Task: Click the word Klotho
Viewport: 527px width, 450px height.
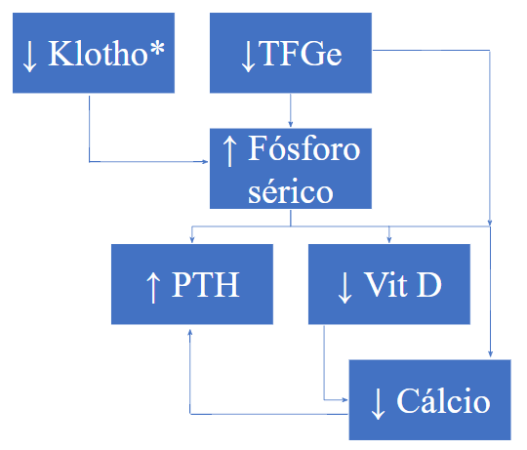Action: pyautogui.click(x=99, y=53)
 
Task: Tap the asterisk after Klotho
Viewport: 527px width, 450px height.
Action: pyautogui.click(x=156, y=50)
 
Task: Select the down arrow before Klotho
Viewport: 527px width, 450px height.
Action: pyautogui.click(x=29, y=56)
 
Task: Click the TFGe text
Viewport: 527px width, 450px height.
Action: pyautogui.click(x=301, y=53)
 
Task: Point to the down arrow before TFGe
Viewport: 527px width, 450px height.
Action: pyautogui.click(x=248, y=56)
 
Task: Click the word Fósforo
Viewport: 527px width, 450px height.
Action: pyautogui.click(x=304, y=148)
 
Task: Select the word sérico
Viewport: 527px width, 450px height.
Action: pyautogui.click(x=291, y=192)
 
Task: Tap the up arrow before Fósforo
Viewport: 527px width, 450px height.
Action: pyautogui.click(x=229, y=150)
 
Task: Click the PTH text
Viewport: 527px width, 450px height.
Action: pyautogui.click(x=205, y=284)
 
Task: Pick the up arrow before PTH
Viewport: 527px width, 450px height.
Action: pyautogui.click(x=153, y=288)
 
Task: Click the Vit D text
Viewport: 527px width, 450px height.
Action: pyautogui.click(x=403, y=284)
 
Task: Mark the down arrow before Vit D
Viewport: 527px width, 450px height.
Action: pyautogui.click(x=345, y=288)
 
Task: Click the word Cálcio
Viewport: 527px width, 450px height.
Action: pyautogui.click(x=443, y=400)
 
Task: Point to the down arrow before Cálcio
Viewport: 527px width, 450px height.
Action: pyautogui.click(x=378, y=403)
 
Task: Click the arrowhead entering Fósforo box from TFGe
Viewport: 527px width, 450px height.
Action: pyautogui.click(x=291, y=124)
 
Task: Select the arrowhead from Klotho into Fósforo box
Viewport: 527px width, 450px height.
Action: pyautogui.click(x=205, y=162)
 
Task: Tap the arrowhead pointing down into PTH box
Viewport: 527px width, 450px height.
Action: pyautogui.click(x=192, y=239)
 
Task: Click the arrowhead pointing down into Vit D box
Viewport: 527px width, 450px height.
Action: pyautogui.click(x=388, y=239)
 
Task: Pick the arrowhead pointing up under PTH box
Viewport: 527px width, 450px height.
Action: pyautogui.click(x=190, y=333)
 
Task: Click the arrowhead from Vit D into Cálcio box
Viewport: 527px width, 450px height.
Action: pyautogui.click(x=345, y=400)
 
